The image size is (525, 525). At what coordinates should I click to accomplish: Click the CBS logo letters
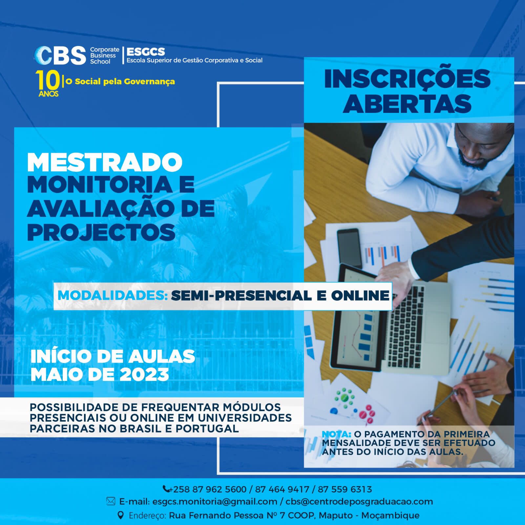click(60, 55)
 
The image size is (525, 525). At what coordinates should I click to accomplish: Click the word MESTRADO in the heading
click(105, 162)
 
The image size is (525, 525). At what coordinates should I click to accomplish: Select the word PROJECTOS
click(101, 232)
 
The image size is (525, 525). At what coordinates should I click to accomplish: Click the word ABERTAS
click(407, 104)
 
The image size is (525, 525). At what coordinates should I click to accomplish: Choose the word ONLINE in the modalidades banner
click(360, 296)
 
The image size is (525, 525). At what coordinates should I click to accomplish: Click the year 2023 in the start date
click(144, 374)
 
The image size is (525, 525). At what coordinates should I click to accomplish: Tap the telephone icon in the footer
click(166, 489)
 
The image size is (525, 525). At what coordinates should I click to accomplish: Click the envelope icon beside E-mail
click(111, 501)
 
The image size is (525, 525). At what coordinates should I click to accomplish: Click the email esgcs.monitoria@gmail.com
click(215, 502)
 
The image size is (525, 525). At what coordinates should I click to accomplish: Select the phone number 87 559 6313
click(345, 489)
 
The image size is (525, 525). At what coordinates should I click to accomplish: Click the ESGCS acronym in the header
click(146, 52)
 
